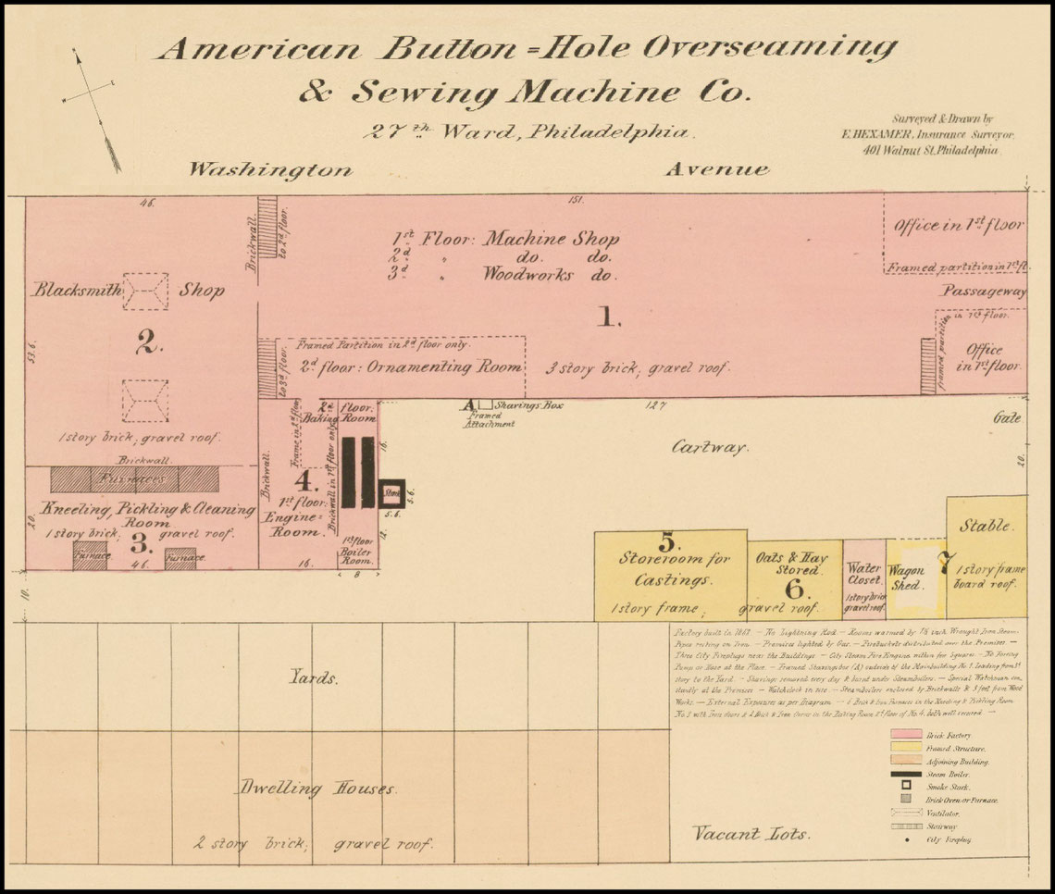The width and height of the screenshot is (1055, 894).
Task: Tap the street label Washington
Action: tap(271, 169)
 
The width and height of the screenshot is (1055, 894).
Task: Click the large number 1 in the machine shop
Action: tap(607, 317)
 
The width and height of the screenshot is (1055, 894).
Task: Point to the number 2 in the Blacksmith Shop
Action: tap(149, 344)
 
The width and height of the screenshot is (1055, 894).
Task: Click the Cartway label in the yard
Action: tap(708, 447)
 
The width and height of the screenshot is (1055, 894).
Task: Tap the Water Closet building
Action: tap(864, 580)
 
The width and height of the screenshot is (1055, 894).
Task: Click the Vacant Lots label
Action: tap(751, 834)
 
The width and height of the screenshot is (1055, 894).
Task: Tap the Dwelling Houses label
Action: tap(318, 788)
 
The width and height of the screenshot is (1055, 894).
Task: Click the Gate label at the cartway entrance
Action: tap(1007, 418)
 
